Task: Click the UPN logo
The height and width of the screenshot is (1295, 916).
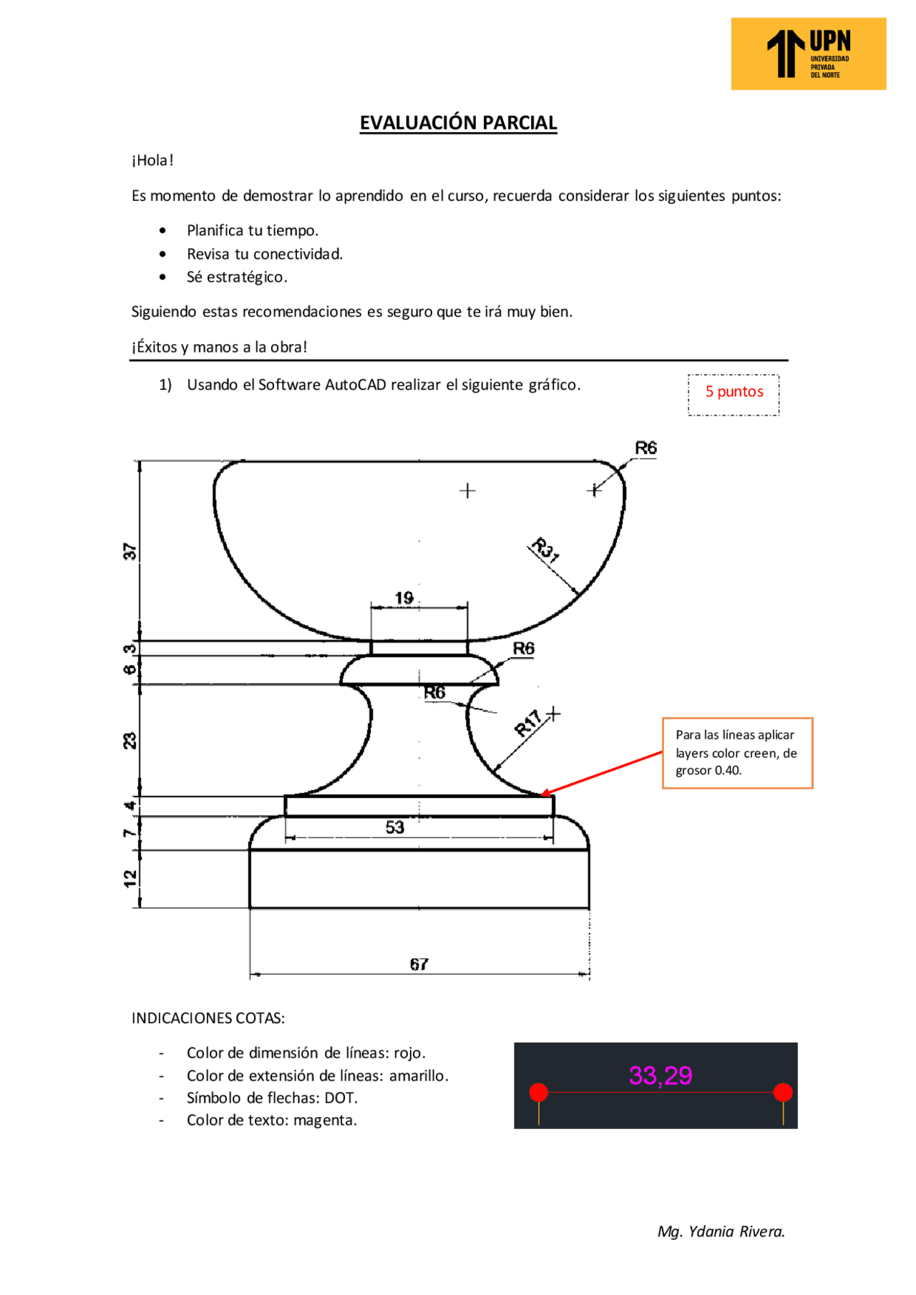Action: (808, 54)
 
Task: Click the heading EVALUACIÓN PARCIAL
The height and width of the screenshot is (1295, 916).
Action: (458, 123)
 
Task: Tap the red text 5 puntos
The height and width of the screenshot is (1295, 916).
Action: (734, 392)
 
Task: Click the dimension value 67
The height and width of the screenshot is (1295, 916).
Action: (419, 964)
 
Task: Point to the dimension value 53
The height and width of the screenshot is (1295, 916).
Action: (395, 827)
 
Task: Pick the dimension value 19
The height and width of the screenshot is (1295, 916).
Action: (404, 598)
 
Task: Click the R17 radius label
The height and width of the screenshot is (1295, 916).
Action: (528, 723)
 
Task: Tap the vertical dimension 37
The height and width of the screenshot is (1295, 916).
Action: (130, 551)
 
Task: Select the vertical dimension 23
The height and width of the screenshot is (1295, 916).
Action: (130, 740)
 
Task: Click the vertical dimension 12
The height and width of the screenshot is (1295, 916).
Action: (130, 878)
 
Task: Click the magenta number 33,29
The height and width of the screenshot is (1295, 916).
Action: (660, 1075)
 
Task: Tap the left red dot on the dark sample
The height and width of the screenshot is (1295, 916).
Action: (538, 1092)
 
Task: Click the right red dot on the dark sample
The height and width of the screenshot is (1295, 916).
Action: (783, 1092)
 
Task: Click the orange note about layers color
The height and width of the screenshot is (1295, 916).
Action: (737, 753)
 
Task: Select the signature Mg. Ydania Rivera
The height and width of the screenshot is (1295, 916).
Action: (721, 1231)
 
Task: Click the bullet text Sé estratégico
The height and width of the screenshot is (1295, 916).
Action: (237, 277)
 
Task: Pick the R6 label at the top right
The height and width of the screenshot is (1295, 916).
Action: (645, 448)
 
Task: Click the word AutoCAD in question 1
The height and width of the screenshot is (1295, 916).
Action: (355, 385)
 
